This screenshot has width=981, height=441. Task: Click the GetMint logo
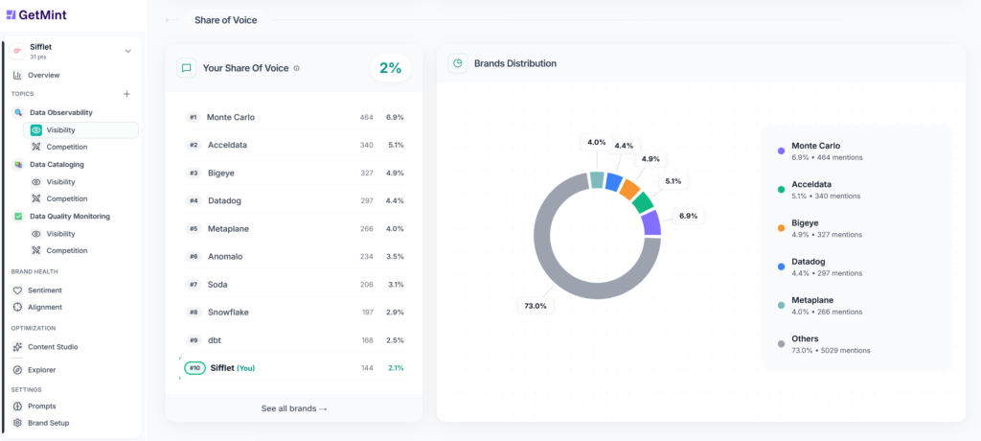point(35,14)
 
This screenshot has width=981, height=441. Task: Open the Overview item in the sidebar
point(43,75)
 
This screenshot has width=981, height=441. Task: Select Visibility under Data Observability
point(60,129)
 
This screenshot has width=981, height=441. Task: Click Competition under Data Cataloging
point(66,198)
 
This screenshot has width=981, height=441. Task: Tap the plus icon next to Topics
point(126,94)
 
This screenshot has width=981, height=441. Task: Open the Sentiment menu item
point(44,290)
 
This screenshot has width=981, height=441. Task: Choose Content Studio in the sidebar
point(53,347)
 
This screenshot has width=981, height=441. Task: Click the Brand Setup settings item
point(48,423)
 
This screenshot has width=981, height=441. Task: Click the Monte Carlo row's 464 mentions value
point(366,117)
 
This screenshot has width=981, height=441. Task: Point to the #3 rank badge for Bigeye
point(193,174)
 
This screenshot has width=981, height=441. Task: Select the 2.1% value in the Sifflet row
point(395,368)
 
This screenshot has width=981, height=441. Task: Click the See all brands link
point(294,408)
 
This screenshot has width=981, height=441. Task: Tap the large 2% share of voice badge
point(390,68)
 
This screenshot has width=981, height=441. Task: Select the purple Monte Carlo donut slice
point(651,223)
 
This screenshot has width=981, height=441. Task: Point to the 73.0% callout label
point(536,306)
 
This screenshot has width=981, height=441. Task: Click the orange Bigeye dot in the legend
point(782,226)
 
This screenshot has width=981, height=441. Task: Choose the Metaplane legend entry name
point(813,300)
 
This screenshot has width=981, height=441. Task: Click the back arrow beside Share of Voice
point(171,20)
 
